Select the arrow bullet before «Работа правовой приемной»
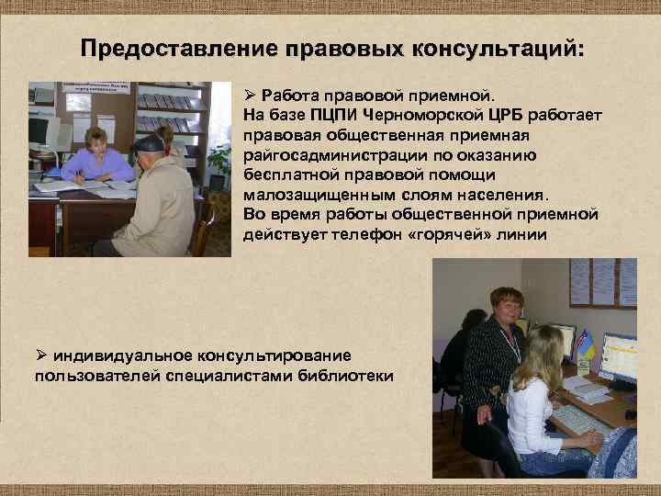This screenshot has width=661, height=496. point(249,96)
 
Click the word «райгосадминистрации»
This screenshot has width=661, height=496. point(330,154)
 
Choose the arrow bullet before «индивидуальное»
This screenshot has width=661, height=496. point(41,355)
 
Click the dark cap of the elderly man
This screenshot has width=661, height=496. point(150,142)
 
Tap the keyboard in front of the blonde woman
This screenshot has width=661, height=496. point(578,419)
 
